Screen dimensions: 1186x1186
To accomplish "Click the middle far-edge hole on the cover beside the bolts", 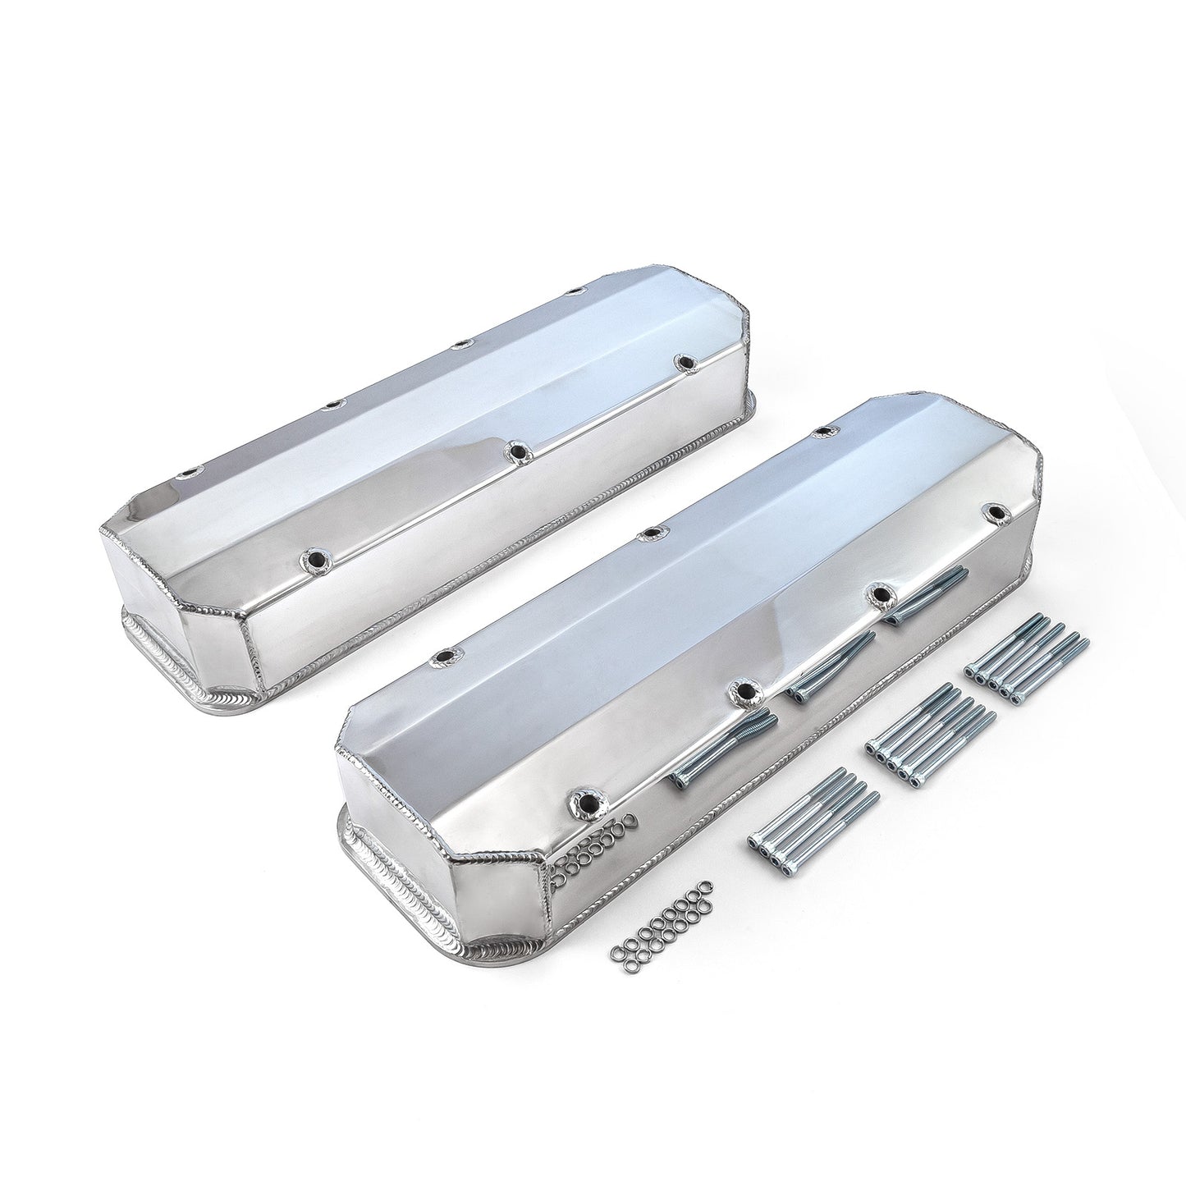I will (648, 534).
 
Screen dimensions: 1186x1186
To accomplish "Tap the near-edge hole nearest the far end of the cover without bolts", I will (680, 360).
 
